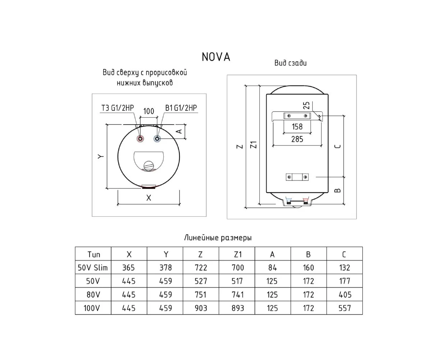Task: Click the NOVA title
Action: (216, 57)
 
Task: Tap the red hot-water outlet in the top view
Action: (140, 139)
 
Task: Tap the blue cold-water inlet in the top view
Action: (157, 139)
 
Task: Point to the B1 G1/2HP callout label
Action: (181, 108)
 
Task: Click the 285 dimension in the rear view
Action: (297, 139)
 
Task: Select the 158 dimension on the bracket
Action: (297, 127)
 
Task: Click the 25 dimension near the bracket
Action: (307, 105)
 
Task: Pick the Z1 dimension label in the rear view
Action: (254, 145)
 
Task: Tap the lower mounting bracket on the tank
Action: (297, 177)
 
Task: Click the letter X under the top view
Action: (149, 198)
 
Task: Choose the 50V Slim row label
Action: (93, 267)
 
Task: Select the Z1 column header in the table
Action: (237, 255)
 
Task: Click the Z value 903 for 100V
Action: (200, 308)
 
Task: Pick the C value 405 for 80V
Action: (345, 295)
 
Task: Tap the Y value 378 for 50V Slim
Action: (165, 267)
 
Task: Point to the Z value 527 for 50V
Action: (200, 281)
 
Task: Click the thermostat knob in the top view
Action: (149, 166)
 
